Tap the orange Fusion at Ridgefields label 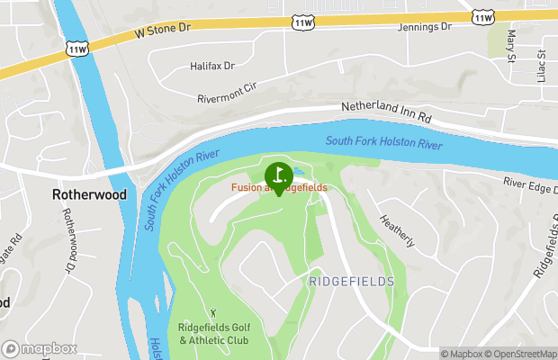[x=278, y=187]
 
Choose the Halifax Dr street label [x=211, y=66]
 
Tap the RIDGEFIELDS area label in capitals [x=351, y=282]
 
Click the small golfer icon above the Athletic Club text [x=214, y=312]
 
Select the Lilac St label [x=542, y=65]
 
